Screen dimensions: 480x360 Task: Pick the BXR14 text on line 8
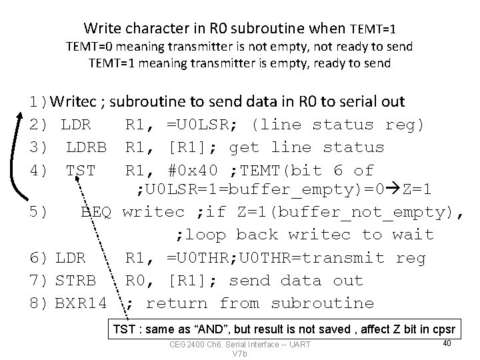point(80,303)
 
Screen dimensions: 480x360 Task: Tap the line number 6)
point(38,258)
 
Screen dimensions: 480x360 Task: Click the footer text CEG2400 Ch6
point(200,344)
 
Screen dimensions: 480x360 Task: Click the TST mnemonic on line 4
point(81,170)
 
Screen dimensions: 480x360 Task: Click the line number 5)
point(38,212)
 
